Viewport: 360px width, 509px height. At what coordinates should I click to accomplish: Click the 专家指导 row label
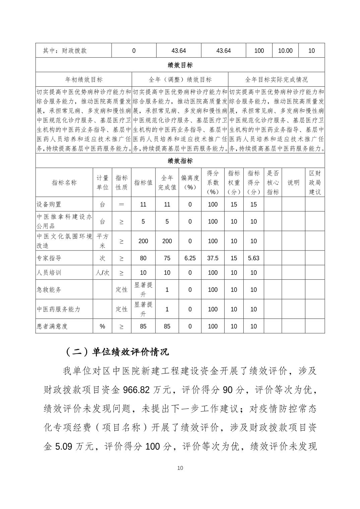pyautogui.click(x=49, y=258)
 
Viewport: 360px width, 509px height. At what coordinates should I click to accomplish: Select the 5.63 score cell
pyautogui.click(x=253, y=258)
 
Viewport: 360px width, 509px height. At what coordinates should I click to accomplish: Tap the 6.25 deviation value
pyautogui.click(x=190, y=258)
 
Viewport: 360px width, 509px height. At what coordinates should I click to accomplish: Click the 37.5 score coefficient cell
pyautogui.click(x=213, y=258)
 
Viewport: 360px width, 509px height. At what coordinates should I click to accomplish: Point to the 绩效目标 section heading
pyautogui.click(x=180, y=65)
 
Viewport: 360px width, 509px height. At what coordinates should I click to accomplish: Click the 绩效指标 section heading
pyautogui.click(x=180, y=161)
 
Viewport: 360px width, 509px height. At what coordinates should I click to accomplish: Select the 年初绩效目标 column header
pyautogui.click(x=84, y=79)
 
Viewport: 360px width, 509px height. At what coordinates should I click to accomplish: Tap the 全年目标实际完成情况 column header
pyautogui.click(x=276, y=79)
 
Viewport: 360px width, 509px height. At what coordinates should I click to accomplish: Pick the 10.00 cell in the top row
pyautogui.click(x=285, y=51)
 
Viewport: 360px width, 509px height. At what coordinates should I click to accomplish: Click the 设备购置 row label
pyautogui.click(x=49, y=204)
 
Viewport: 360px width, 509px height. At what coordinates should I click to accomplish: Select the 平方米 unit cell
pyautogui.click(x=102, y=241)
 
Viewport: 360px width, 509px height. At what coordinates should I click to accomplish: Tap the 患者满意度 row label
pyautogui.click(x=52, y=326)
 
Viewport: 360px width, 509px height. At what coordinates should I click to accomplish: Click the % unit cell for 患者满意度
pyautogui.click(x=102, y=326)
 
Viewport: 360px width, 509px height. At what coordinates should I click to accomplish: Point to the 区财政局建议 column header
pyautogui.click(x=315, y=183)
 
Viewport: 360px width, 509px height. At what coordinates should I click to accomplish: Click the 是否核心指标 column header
pyautogui.click(x=273, y=183)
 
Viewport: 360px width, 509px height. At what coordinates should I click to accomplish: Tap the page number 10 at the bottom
pyautogui.click(x=180, y=468)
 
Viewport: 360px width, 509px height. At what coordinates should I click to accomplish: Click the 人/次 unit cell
pyautogui.click(x=102, y=273)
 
